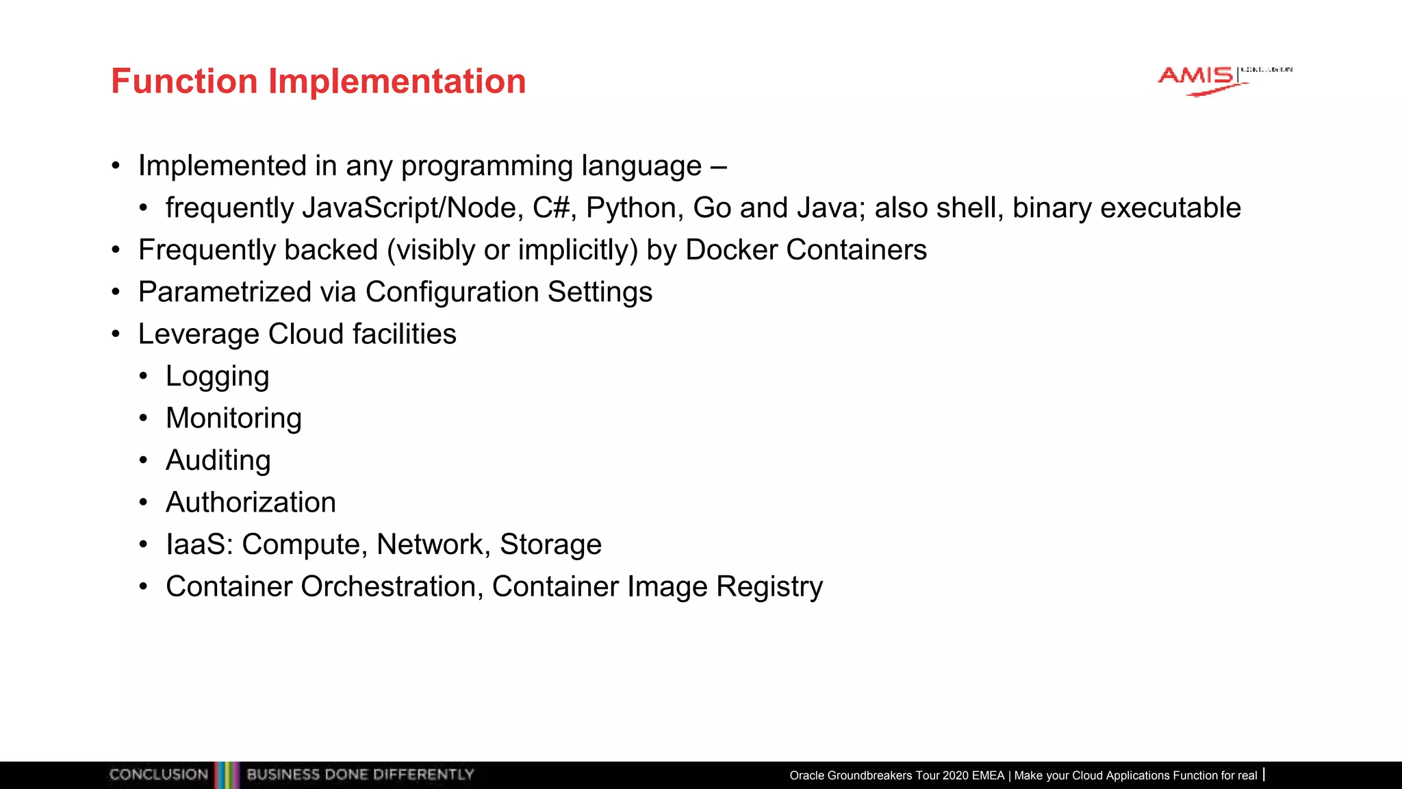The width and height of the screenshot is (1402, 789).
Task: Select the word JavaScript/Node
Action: tap(409, 208)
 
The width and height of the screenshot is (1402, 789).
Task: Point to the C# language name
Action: tap(551, 208)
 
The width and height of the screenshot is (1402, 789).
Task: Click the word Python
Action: tap(634, 208)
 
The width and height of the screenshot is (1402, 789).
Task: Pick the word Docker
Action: tap(731, 250)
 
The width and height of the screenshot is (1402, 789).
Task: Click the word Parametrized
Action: tap(225, 292)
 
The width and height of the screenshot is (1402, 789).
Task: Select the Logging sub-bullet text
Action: tap(217, 377)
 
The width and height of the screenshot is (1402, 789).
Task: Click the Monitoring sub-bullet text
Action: tap(233, 418)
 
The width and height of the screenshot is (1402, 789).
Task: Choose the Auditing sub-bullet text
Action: tap(218, 461)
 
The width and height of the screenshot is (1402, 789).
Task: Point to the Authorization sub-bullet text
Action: tap(251, 503)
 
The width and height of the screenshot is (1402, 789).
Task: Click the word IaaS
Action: tap(199, 544)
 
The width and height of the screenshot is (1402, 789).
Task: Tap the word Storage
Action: tap(550, 544)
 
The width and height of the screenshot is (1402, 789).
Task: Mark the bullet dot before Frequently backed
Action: tap(116, 250)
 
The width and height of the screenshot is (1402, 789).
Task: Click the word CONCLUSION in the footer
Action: tap(158, 775)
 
